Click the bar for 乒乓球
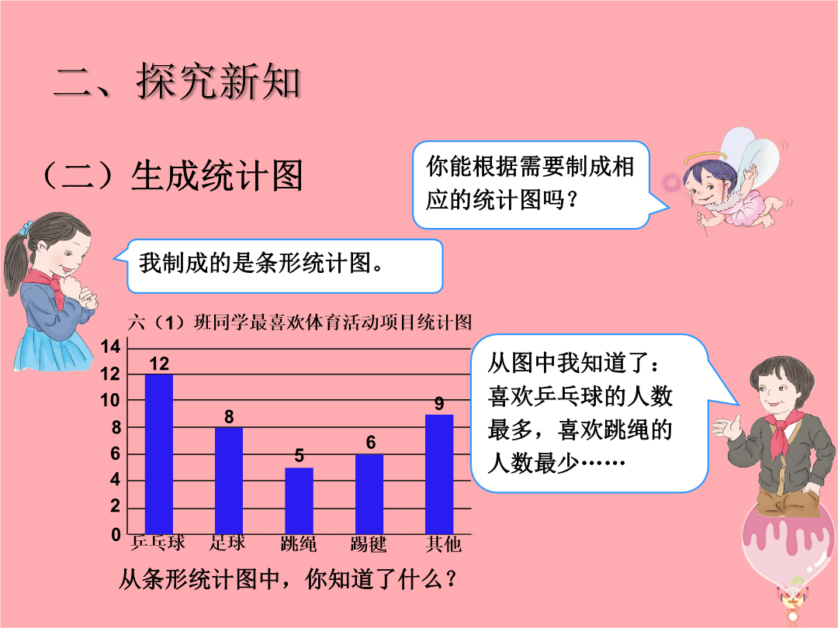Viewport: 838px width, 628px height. click(159, 454)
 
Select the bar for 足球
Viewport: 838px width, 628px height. click(229, 481)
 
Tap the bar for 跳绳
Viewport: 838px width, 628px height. click(299, 501)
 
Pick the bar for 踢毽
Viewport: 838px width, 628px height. click(369, 494)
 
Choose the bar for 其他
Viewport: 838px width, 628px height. click(439, 474)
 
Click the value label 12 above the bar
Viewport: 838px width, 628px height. click(159, 364)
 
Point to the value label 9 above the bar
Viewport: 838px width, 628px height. click(439, 404)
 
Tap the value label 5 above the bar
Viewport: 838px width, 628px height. click(299, 456)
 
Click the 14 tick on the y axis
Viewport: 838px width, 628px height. click(111, 347)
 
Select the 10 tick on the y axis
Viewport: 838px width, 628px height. click(111, 400)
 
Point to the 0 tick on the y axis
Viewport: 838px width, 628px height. click(116, 534)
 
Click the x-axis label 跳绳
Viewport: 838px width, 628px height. click(299, 544)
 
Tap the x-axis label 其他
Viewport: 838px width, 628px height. click(443, 544)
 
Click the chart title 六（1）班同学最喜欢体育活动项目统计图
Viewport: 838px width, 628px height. click(300, 323)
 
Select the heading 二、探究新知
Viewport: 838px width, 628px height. click(178, 81)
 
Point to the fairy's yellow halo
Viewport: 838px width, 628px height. click(705, 158)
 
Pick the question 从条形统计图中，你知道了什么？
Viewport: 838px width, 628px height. click(288, 579)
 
